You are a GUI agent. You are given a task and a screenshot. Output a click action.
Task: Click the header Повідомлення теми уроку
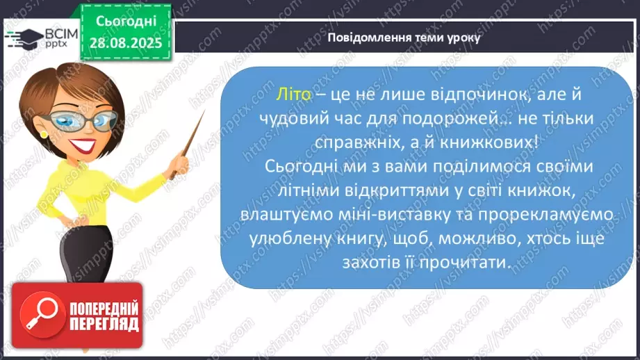click(404, 37)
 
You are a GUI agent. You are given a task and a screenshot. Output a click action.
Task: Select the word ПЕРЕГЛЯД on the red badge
click(101, 324)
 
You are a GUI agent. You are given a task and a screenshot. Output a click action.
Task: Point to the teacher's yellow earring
click(44, 133)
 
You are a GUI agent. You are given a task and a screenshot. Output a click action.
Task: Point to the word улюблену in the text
click(286, 240)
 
